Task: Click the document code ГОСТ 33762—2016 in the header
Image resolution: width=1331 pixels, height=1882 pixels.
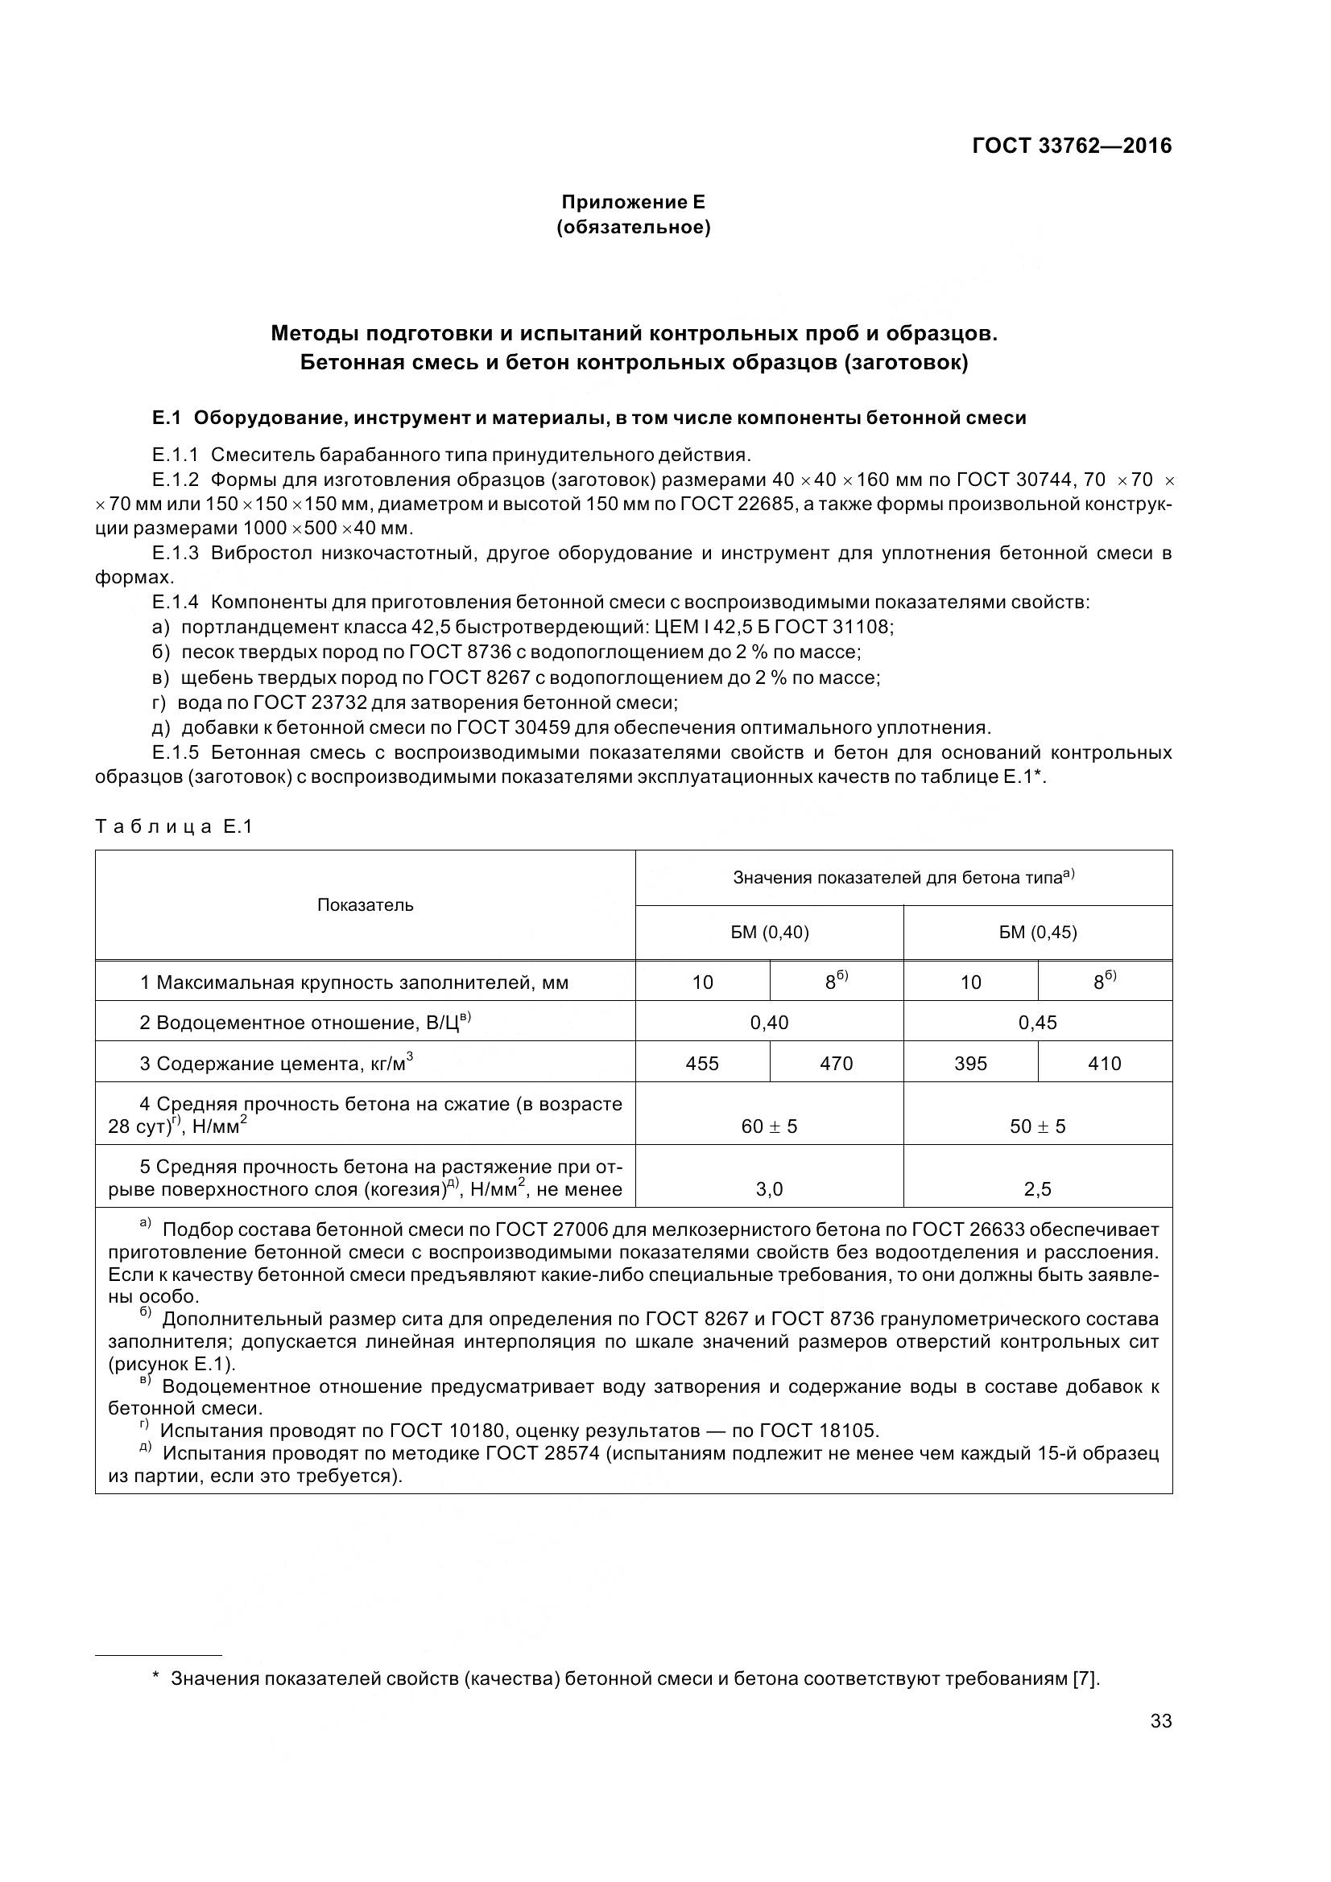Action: (1071, 146)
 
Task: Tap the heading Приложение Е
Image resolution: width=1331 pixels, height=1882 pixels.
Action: (632, 202)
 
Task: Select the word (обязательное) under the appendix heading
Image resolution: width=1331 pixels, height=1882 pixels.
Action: (632, 227)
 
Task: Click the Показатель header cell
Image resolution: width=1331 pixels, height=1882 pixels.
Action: (365, 905)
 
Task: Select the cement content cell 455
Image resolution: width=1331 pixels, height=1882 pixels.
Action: (702, 1063)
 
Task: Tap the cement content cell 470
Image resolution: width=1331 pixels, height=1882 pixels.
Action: (836, 1063)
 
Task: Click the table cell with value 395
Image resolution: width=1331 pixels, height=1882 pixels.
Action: (970, 1063)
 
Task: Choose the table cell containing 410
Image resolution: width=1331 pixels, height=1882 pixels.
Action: (1104, 1063)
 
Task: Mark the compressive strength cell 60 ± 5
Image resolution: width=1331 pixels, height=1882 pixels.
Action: (768, 1126)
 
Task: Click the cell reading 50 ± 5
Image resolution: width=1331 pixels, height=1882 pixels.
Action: (1037, 1126)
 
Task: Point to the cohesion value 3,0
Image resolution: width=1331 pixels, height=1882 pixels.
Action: (768, 1189)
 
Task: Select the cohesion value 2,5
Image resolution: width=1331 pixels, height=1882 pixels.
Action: (1037, 1189)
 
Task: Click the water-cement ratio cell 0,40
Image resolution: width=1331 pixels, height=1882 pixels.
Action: (768, 1022)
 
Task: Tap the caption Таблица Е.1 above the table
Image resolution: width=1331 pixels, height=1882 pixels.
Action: (174, 826)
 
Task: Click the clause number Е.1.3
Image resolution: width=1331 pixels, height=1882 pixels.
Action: (175, 553)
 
